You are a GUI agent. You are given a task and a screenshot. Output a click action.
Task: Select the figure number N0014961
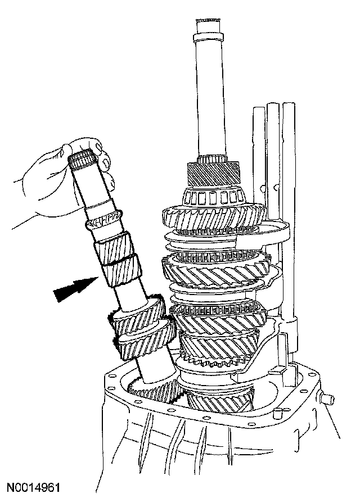pos(34,487)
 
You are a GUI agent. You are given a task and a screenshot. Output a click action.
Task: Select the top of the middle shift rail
pos(272,105)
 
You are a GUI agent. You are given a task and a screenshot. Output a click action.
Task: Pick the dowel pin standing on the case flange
pos(276,413)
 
